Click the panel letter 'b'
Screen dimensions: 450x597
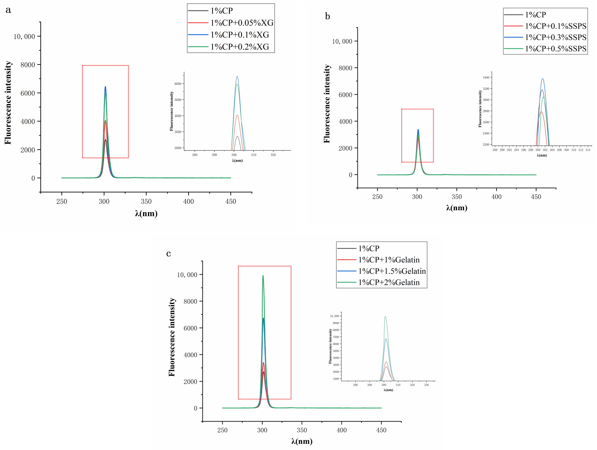(x=327, y=16)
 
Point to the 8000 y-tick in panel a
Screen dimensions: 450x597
(x=28, y=65)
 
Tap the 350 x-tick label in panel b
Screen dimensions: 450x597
(x=457, y=197)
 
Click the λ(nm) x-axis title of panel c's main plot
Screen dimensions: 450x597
(x=302, y=441)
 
